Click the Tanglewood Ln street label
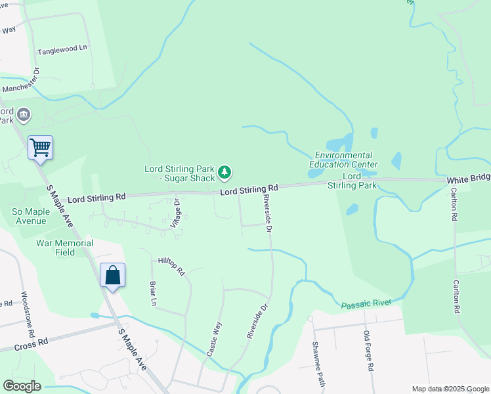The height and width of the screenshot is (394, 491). click(x=62, y=49)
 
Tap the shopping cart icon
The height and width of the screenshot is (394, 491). click(x=40, y=147)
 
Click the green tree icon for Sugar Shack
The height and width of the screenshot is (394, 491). click(x=225, y=173)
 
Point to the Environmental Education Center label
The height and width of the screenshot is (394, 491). click(x=344, y=160)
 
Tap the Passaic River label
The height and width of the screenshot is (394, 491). click(x=366, y=303)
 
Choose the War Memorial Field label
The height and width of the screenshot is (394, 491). click(x=64, y=248)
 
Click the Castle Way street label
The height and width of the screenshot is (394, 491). click(x=215, y=338)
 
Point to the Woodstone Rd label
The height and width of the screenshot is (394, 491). click(x=25, y=311)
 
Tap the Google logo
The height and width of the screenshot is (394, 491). click(x=22, y=386)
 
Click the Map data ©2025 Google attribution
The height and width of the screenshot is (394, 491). click(x=450, y=389)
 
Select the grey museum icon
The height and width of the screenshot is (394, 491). click(x=24, y=115)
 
